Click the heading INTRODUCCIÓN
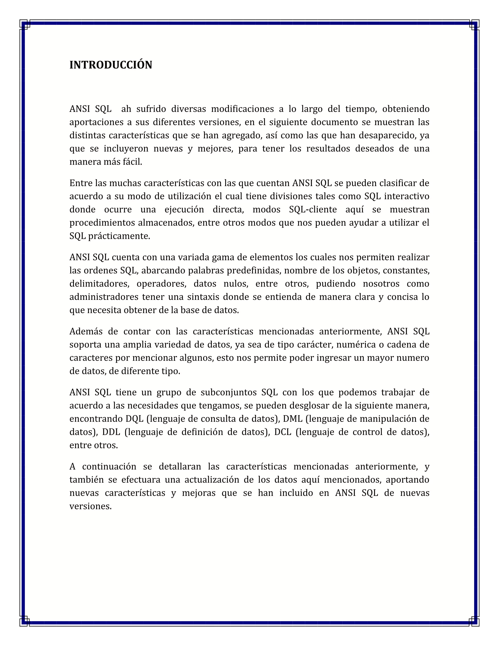(x=111, y=65)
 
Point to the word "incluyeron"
(x=126, y=148)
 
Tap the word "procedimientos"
(x=102, y=223)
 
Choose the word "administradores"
(x=104, y=297)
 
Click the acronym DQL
(x=134, y=419)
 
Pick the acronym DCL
(x=283, y=432)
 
